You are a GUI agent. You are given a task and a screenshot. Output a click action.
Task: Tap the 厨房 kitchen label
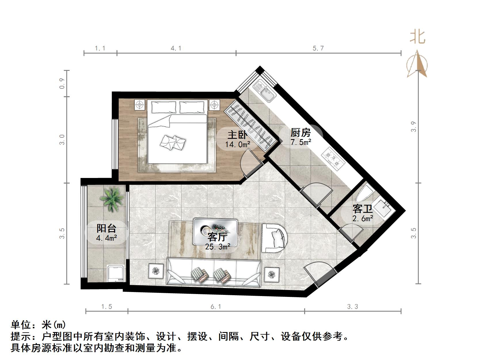[x=300, y=132]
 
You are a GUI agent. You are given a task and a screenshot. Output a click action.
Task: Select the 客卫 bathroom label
[x=362, y=209]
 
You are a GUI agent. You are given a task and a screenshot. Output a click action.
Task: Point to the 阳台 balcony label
[x=106, y=228]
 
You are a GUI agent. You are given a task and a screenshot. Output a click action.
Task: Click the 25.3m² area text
[x=218, y=247]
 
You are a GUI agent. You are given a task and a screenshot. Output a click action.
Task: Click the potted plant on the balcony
[x=111, y=198]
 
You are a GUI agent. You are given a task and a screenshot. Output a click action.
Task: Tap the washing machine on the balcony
[x=115, y=273]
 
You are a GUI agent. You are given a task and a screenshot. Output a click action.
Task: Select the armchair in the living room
[x=275, y=238]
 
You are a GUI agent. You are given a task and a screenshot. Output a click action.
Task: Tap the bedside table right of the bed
[x=214, y=105]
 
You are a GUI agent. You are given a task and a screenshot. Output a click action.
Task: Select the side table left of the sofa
[x=155, y=271]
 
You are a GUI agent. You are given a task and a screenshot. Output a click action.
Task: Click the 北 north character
[x=417, y=37]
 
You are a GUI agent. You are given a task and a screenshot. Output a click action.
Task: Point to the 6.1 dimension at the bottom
[x=216, y=307]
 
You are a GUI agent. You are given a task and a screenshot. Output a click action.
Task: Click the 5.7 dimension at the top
[x=318, y=48]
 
